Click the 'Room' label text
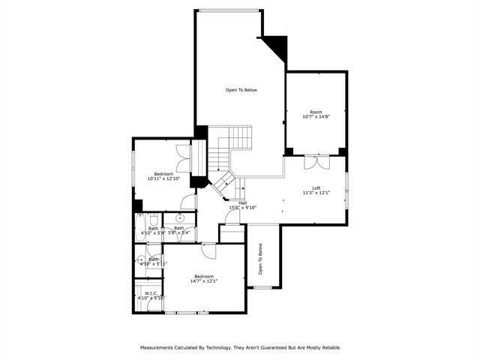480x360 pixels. tap(316, 112)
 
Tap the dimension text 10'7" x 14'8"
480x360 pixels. tap(316, 117)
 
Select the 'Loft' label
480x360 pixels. tap(316, 187)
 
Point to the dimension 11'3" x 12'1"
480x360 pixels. tap(316, 193)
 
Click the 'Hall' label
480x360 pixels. tap(243, 202)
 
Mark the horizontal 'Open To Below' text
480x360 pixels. tap(241, 90)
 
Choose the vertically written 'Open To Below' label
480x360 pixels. tap(260, 259)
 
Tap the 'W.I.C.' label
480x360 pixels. tap(150, 293)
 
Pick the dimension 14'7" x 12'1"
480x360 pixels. tap(205, 281)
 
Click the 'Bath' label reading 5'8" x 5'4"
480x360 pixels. tap(179, 228)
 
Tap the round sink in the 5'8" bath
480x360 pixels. tap(169, 220)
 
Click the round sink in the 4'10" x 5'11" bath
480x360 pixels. tap(140, 260)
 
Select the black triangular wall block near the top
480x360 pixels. tap(277, 46)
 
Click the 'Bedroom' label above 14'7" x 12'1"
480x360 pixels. tap(205, 276)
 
